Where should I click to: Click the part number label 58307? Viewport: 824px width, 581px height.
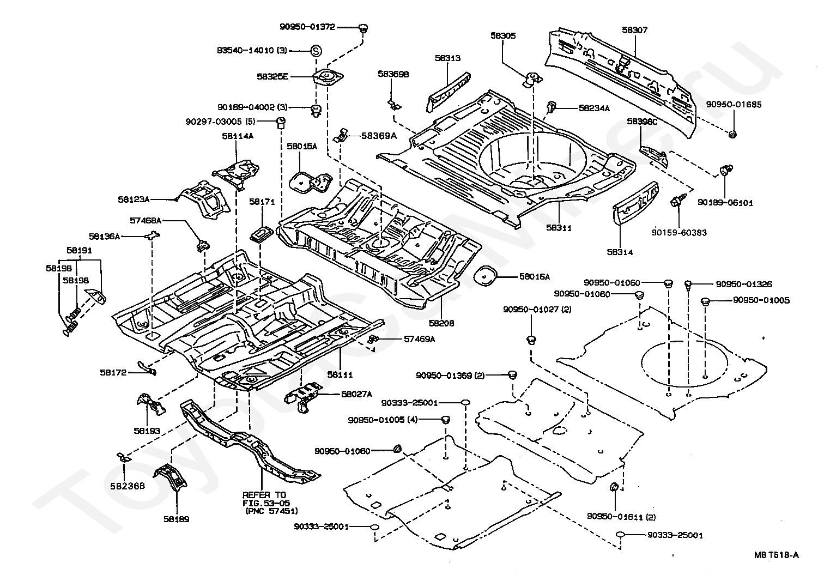(634, 30)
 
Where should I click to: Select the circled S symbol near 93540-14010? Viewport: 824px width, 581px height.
(316, 50)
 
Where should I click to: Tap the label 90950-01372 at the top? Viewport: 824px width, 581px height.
(307, 27)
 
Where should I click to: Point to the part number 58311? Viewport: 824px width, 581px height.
(559, 228)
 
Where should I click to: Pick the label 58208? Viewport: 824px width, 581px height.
(441, 323)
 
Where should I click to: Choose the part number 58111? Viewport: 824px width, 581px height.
(340, 374)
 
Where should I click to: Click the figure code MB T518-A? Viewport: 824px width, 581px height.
(777, 555)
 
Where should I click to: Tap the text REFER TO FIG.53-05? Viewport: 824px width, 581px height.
(265, 499)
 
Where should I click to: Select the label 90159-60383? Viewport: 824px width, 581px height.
(680, 233)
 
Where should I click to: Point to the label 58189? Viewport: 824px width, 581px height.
(176, 519)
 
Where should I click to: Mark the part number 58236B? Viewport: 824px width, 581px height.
(128, 486)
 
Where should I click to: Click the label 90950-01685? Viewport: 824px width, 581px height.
(734, 105)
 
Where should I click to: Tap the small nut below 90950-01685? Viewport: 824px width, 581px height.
(732, 134)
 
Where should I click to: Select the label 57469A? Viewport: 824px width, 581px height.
(420, 339)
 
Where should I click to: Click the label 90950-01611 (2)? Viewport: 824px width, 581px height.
(621, 517)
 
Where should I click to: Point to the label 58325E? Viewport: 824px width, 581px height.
(272, 77)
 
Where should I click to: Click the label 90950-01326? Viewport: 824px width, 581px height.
(744, 284)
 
